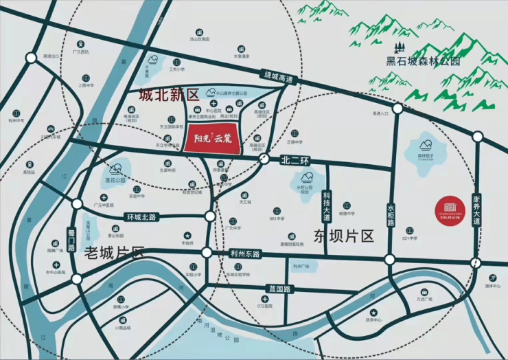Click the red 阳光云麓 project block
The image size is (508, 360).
211,140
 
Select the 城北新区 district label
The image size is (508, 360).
168,93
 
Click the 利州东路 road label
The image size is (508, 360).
246,254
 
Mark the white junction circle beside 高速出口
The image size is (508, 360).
30,58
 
